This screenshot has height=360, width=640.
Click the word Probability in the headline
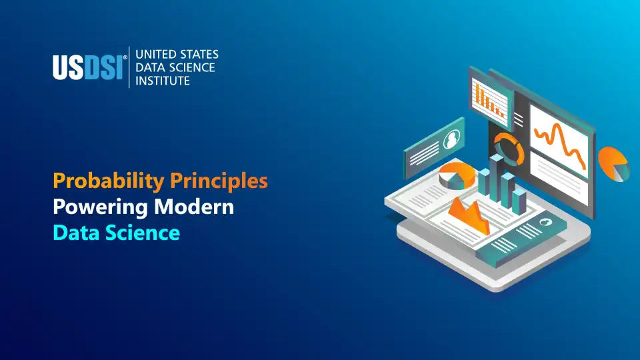109,181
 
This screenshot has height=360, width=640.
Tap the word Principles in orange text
219,181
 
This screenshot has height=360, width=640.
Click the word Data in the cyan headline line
76,233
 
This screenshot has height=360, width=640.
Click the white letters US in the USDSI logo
68,67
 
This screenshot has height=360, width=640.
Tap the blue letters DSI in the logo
103,67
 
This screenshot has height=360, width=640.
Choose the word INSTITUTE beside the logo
163,81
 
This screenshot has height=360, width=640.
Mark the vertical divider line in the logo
129,67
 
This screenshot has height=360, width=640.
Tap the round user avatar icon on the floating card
451,139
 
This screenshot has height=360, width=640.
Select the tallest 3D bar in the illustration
496,178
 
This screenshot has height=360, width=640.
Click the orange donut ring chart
509,149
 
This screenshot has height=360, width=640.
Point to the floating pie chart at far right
613,164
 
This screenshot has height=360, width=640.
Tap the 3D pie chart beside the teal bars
457,176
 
